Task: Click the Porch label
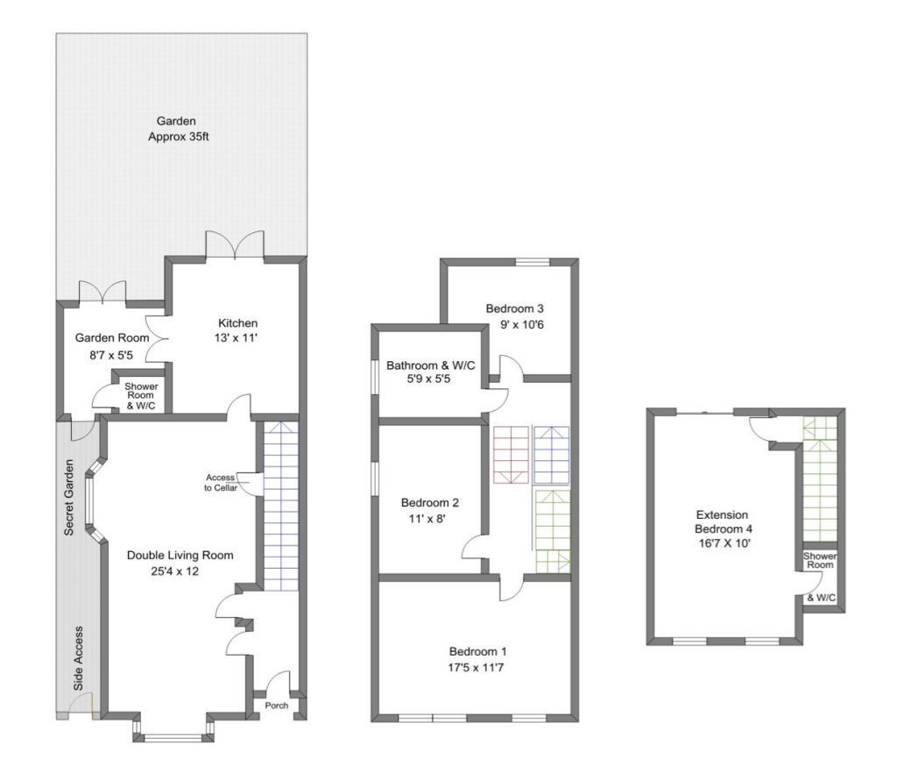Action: [x=276, y=706]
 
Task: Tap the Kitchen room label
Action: [x=238, y=323]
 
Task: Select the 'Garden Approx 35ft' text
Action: [x=179, y=129]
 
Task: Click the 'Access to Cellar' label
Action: [x=221, y=482]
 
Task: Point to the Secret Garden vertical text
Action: [x=69, y=497]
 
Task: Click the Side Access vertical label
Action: [x=78, y=658]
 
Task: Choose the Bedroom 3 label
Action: [x=515, y=308]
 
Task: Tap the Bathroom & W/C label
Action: [x=430, y=365]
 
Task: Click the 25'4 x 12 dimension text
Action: [x=175, y=571]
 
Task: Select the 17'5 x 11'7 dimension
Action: [x=476, y=667]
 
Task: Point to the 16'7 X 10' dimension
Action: [x=724, y=543]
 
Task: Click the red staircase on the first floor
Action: [x=511, y=455]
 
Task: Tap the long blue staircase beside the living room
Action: [x=281, y=506]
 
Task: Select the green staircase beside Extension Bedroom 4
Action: [x=820, y=479]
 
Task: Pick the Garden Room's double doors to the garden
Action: [x=102, y=292]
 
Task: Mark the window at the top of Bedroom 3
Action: [x=533, y=263]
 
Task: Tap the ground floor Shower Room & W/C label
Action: [x=141, y=396]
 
